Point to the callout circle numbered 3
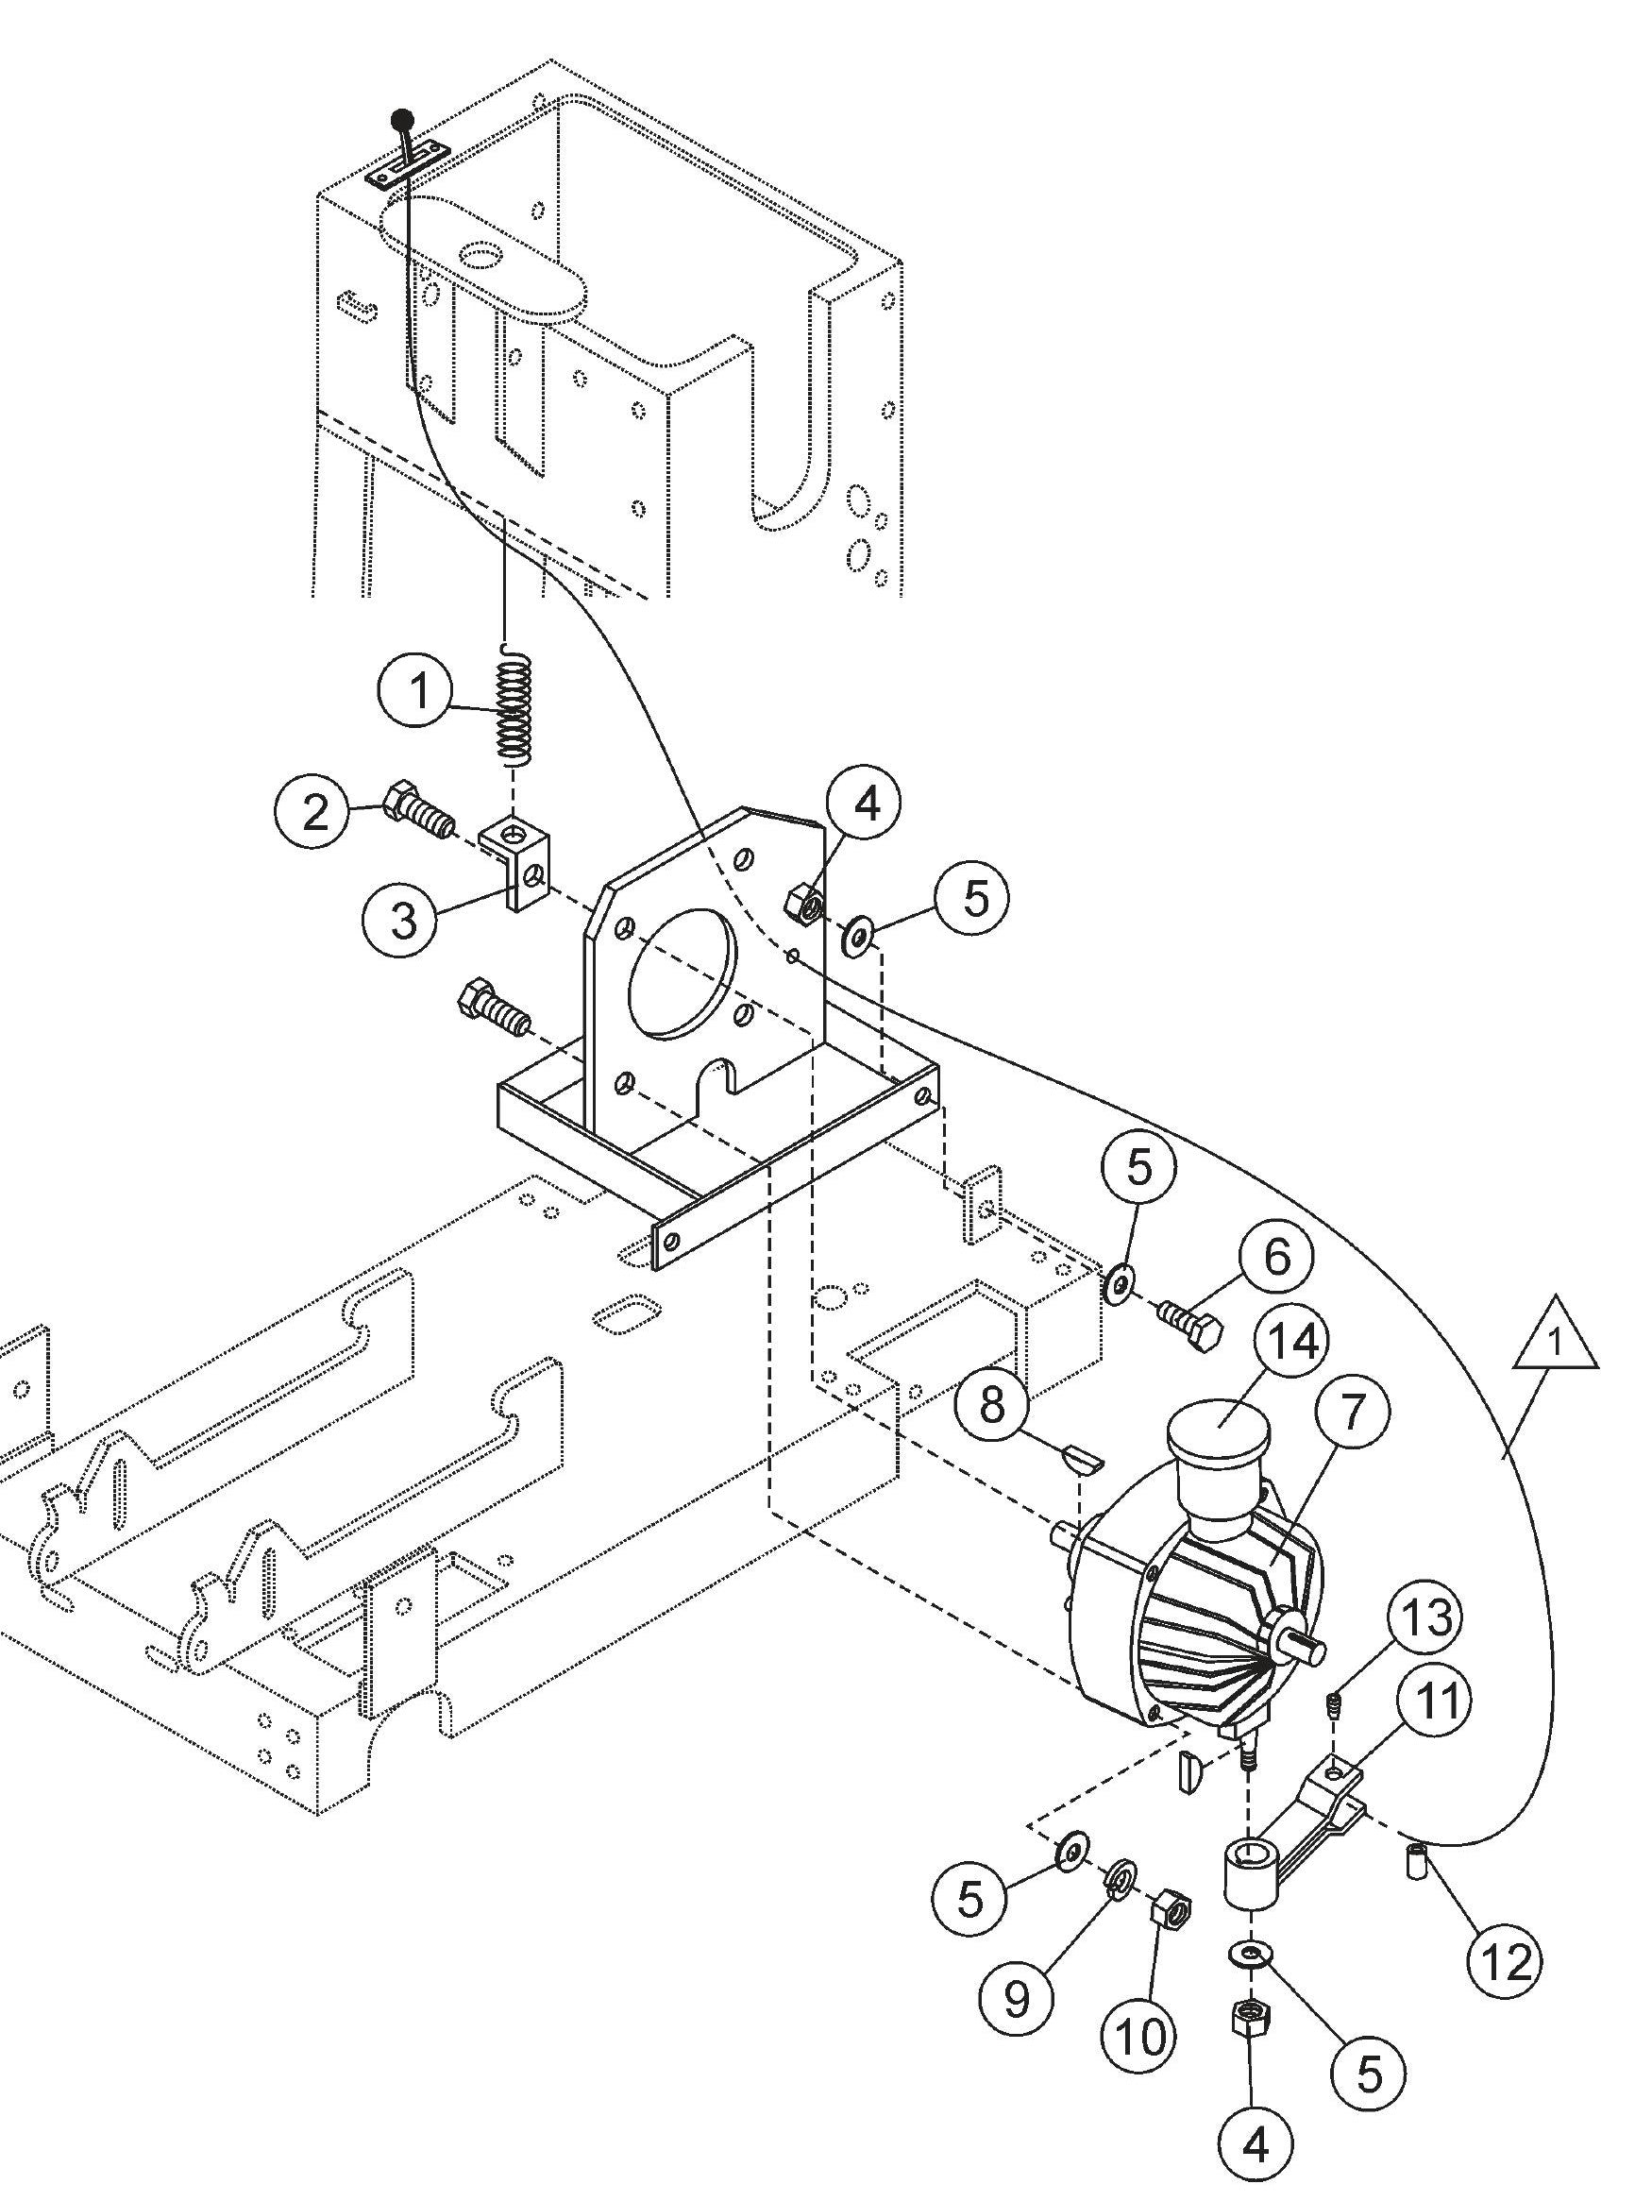click(403, 920)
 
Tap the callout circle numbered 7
click(1351, 1413)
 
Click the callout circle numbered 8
click(993, 1402)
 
